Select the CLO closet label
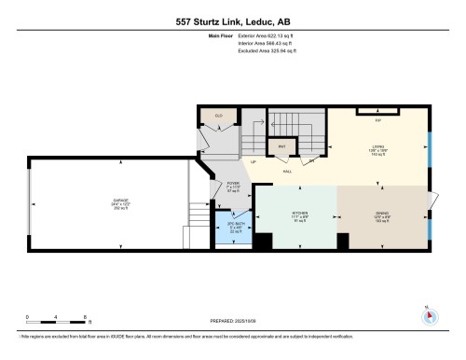pos(219,117)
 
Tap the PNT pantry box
pos(281,146)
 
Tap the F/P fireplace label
pos(378,120)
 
